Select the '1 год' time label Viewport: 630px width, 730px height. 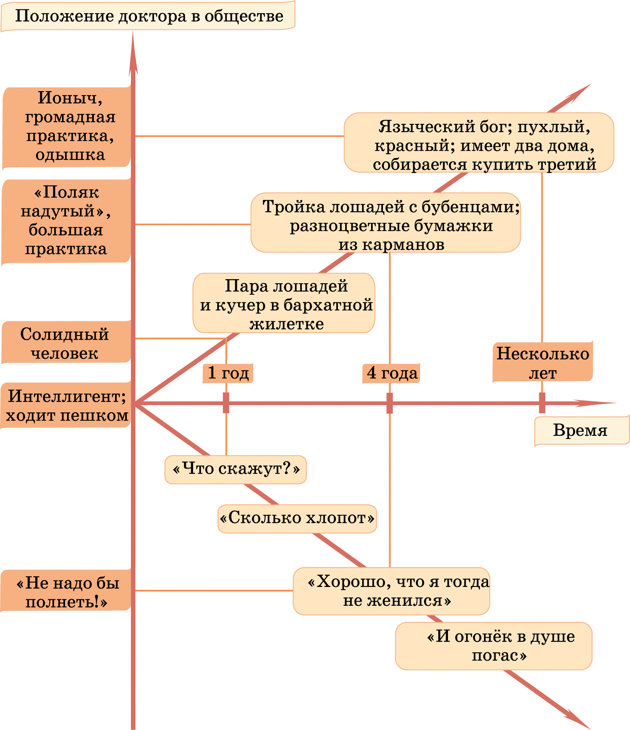pos(228,373)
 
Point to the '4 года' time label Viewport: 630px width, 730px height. pos(391,373)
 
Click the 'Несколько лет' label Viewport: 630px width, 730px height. pos(543,363)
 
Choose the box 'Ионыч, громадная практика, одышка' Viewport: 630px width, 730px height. pos(67,127)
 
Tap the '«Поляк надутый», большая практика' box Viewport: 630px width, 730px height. pos(66,221)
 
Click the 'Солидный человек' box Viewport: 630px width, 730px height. pos(66,343)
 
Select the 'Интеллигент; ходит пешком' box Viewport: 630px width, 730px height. pos(66,405)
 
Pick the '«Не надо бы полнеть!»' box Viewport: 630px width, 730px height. pos(66,591)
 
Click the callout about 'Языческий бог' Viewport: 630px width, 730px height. pos(479,143)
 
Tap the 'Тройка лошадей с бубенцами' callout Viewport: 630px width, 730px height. pos(386,223)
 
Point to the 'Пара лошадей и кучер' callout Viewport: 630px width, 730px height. pos(284,303)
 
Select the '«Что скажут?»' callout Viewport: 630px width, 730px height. pos(236,470)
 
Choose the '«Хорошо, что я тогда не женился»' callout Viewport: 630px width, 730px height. pos(391,591)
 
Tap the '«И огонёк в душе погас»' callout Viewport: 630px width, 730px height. pos(494,646)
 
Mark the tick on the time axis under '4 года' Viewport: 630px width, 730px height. pos(389,403)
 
